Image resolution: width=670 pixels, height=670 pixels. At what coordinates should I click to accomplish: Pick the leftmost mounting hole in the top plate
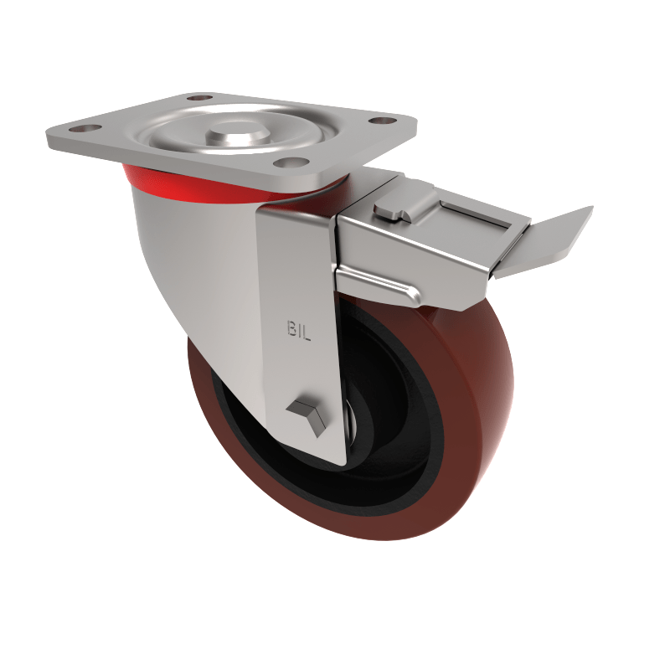(x=83, y=131)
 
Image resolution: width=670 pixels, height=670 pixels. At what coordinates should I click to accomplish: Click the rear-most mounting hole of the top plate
(x=198, y=98)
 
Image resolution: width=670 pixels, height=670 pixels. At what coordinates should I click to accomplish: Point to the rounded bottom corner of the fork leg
(x=335, y=459)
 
